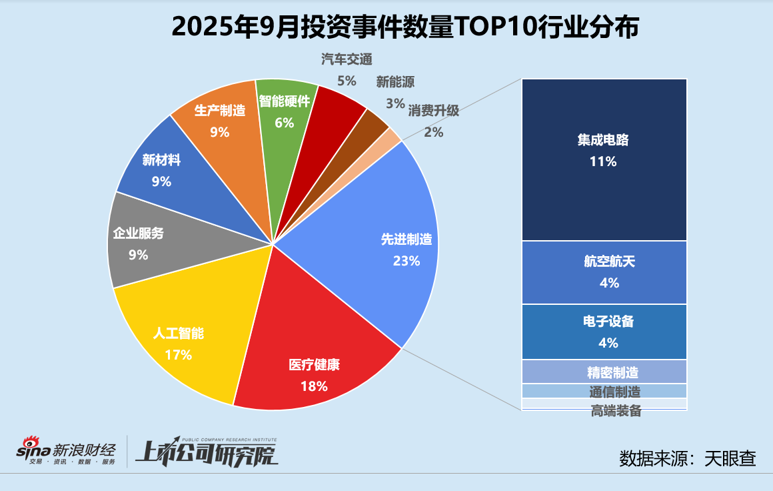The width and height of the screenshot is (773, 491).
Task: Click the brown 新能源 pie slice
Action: [x=373, y=123]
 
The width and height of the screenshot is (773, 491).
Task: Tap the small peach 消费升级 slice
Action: [x=392, y=137]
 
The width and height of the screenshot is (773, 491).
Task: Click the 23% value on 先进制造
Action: [x=406, y=261]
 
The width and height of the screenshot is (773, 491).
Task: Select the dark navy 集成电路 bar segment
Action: [x=604, y=160]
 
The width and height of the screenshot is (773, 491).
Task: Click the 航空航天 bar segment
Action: [x=604, y=272]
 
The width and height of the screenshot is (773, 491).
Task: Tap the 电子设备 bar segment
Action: [x=604, y=332]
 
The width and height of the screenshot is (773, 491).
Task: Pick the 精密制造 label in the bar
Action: [x=604, y=372]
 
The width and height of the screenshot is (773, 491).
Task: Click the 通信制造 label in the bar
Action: [x=614, y=392]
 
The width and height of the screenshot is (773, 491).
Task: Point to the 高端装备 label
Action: [x=616, y=411]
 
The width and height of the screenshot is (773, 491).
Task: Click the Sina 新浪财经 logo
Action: [x=67, y=452]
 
